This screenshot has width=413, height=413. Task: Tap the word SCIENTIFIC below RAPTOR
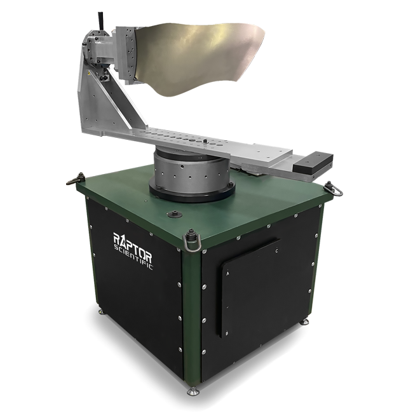pyautogui.click(x=133, y=257)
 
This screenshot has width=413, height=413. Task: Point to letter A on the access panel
pyautogui.click(x=228, y=274)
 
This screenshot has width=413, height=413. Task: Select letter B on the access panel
pyautogui.click(x=227, y=334)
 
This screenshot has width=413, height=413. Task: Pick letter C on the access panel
pyautogui.click(x=276, y=251)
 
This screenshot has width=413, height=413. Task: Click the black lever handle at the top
pyautogui.click(x=100, y=20)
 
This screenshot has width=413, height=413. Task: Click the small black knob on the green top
pyautogui.click(x=175, y=213)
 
